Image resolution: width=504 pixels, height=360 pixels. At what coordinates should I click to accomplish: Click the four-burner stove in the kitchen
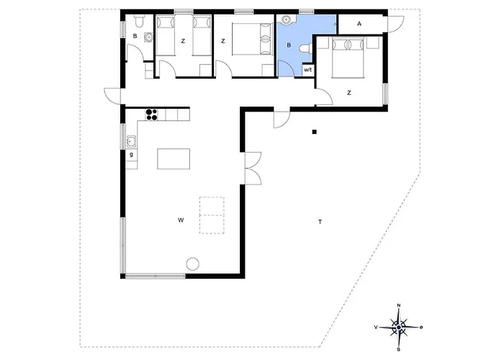click(151, 114)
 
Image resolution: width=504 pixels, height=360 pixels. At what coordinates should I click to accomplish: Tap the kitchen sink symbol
click(131, 141)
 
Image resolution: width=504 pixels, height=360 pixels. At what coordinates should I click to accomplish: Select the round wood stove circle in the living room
click(192, 264)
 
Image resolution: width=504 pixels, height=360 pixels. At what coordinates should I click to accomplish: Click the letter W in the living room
click(181, 220)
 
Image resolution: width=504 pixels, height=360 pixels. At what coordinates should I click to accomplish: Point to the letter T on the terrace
click(320, 222)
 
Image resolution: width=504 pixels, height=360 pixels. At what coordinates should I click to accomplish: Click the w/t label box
click(307, 70)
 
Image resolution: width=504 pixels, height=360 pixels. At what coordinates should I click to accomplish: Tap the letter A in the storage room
click(359, 24)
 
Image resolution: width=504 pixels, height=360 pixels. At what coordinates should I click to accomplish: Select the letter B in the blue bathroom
click(289, 45)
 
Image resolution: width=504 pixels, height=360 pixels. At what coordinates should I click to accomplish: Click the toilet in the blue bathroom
click(305, 48)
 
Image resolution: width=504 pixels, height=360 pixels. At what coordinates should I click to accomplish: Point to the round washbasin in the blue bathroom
click(285, 20)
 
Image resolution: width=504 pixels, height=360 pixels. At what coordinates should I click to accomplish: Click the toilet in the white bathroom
click(139, 21)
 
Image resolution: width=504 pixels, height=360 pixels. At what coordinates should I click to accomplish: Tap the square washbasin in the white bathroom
click(148, 37)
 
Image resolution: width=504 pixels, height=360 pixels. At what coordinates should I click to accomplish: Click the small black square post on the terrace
click(315, 132)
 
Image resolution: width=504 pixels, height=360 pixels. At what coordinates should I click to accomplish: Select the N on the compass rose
click(399, 305)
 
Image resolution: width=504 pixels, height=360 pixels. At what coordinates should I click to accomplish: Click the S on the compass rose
click(399, 349)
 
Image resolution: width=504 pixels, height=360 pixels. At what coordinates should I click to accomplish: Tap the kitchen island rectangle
click(174, 159)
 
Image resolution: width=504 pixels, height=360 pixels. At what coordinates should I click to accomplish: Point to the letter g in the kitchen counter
click(131, 155)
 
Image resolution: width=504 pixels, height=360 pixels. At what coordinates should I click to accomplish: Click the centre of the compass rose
click(399, 327)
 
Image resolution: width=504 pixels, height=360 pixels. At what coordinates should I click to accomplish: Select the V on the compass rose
click(376, 327)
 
